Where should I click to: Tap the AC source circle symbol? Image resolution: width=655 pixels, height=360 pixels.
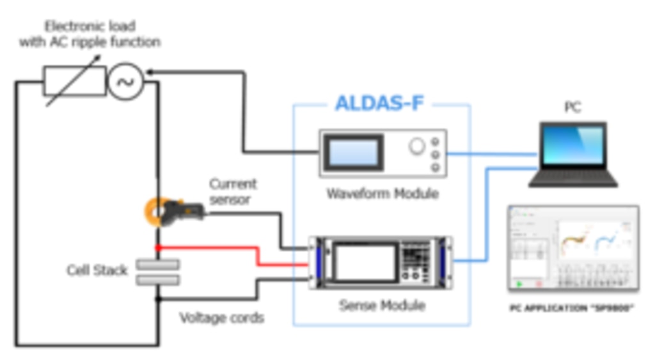[x=125, y=81]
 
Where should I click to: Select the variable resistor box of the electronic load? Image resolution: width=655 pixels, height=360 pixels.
[x=74, y=81]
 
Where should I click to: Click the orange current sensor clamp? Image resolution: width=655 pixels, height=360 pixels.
[x=156, y=212]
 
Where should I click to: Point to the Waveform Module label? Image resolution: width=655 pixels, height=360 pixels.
[x=383, y=193]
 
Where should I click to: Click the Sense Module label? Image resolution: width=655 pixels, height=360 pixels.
[x=382, y=305]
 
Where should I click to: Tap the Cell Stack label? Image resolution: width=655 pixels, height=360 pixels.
[x=97, y=270]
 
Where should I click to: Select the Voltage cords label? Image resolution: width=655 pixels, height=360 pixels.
[x=221, y=317]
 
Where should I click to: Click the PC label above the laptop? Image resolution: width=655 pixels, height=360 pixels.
[x=572, y=107]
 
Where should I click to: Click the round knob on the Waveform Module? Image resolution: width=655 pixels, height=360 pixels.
[x=416, y=147]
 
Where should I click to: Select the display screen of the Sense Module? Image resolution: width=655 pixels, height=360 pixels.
[x=365, y=263]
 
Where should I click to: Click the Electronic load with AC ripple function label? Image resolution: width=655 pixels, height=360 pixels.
[x=90, y=35]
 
